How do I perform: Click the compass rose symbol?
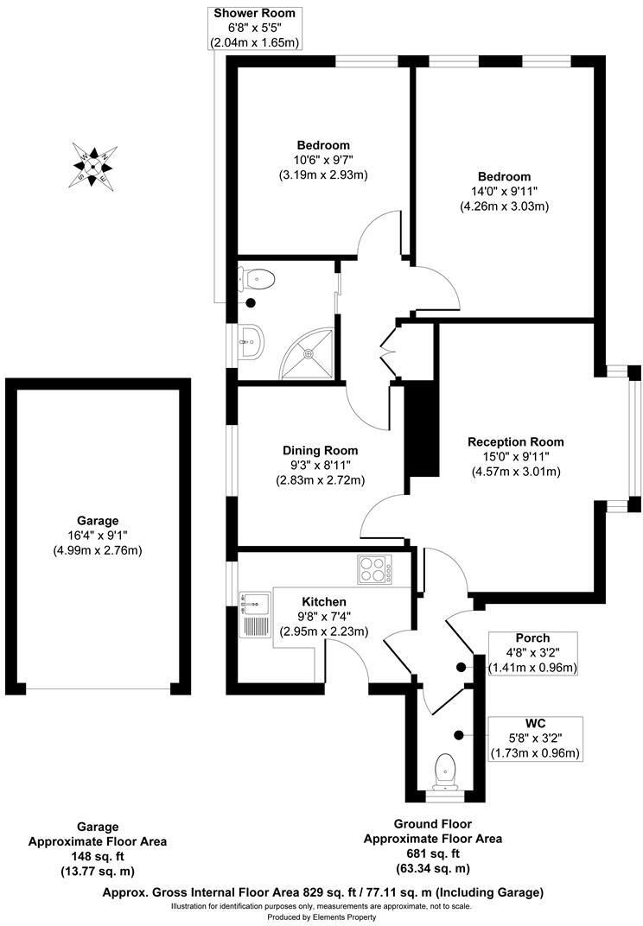(93, 165)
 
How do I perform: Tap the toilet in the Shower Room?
(258, 279)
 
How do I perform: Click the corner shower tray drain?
(309, 353)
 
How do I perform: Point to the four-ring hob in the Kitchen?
(374, 570)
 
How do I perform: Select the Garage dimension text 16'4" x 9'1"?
(98, 536)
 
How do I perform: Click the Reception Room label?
(516, 441)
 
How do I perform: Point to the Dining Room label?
(320, 450)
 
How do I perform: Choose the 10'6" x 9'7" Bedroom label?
(323, 160)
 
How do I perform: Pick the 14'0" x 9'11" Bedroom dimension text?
(505, 192)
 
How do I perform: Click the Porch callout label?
(532, 638)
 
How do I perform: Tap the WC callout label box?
(534, 738)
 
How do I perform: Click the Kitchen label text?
(324, 601)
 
